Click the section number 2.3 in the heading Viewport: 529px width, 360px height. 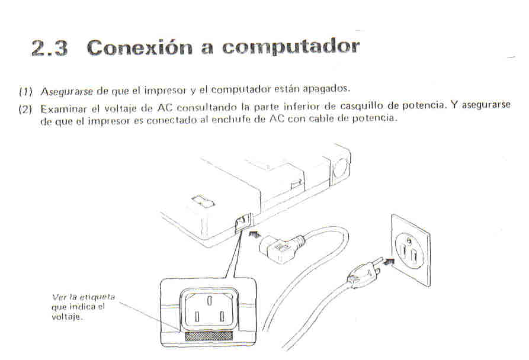point(49,48)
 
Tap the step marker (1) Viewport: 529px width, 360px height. point(24,91)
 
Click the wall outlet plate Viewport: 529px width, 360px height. point(409,249)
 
